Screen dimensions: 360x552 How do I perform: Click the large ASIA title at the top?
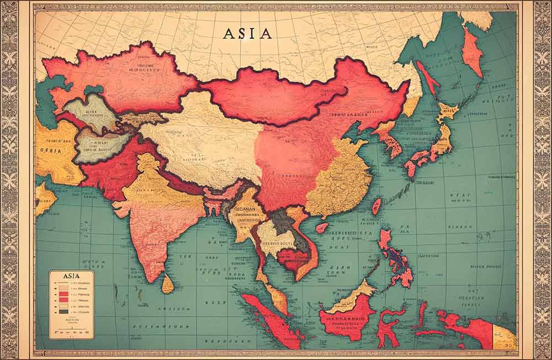pos(247,33)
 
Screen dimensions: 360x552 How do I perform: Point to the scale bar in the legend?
pos(71,332)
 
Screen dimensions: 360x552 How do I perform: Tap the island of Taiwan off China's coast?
pos(376,207)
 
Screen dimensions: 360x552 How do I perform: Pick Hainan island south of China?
pos(322,227)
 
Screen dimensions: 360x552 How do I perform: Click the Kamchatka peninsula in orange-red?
pos(472,52)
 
